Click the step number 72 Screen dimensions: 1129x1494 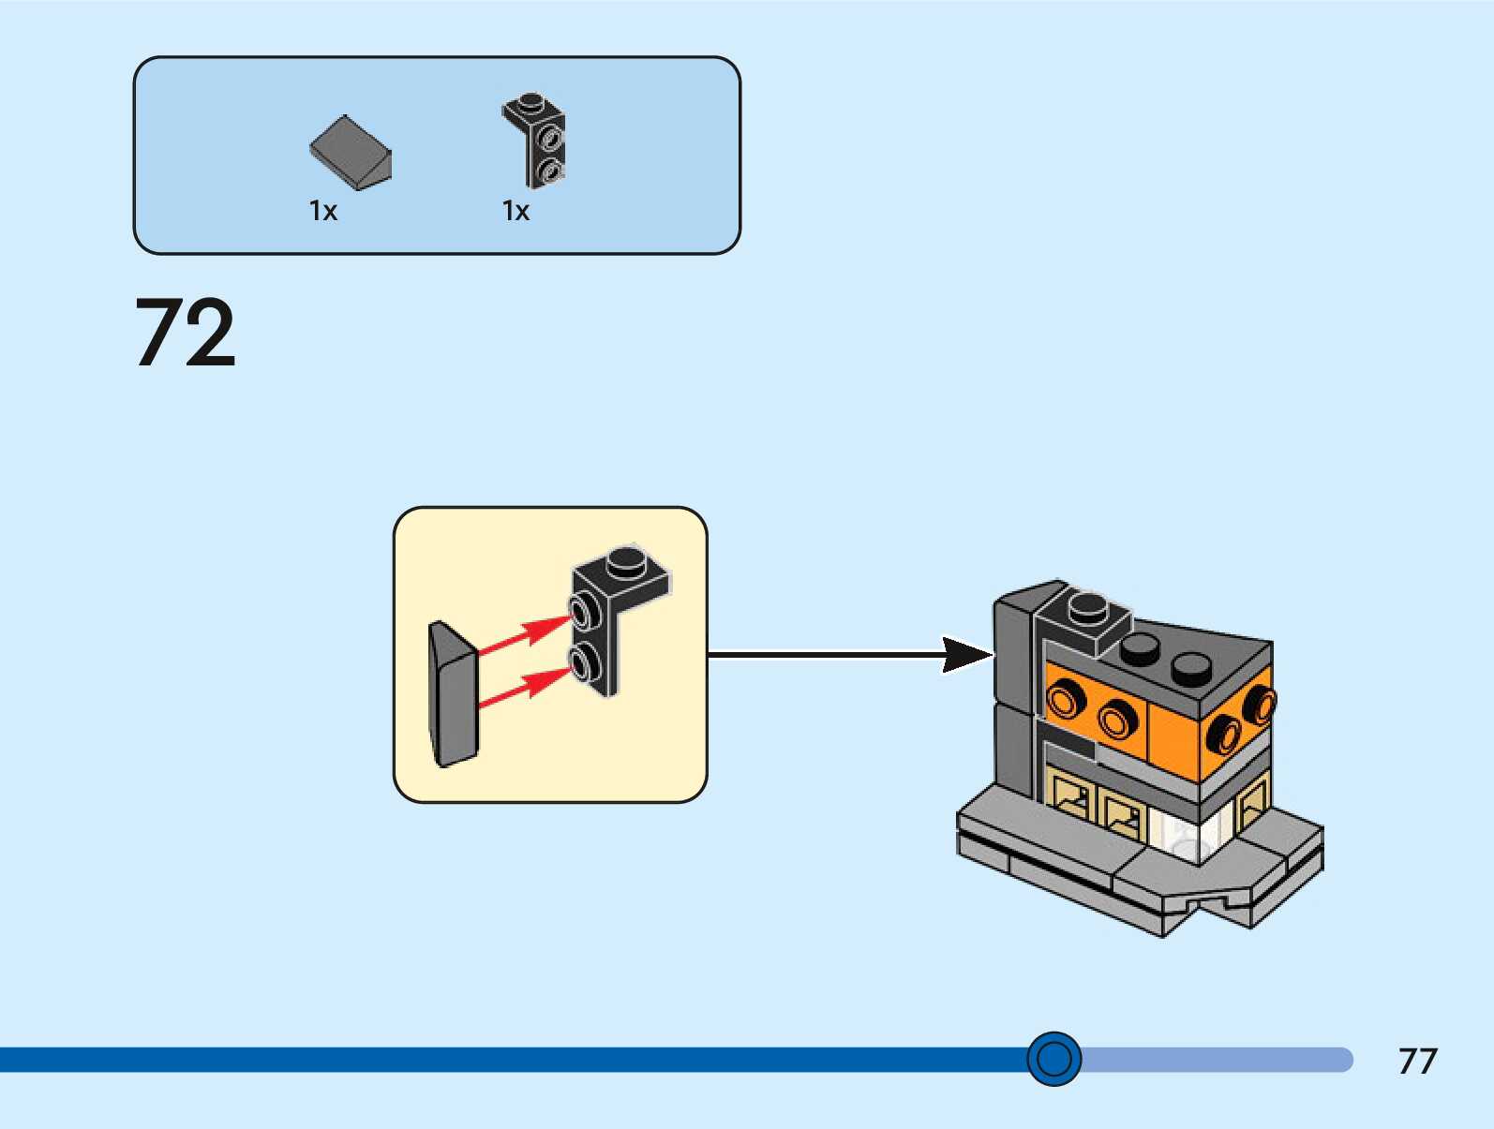[x=186, y=333]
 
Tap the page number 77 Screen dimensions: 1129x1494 [x=1417, y=1061]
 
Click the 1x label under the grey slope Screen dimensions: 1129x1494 [x=323, y=211]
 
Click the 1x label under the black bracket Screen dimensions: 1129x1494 [x=515, y=211]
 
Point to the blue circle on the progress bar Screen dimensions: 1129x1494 [x=1054, y=1059]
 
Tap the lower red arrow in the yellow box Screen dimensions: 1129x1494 [x=525, y=686]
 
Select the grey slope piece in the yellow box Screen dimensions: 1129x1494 [x=453, y=693]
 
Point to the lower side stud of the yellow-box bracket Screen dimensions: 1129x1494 [x=585, y=663]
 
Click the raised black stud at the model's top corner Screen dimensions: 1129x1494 [x=1087, y=606]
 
